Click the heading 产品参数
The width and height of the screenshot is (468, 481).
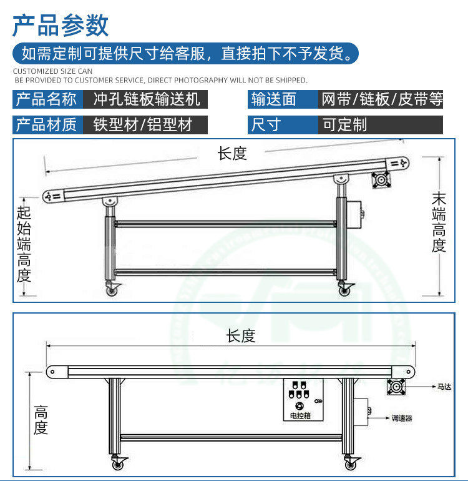point(61,26)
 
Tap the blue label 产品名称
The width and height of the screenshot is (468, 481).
point(46,99)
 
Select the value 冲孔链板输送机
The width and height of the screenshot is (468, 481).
point(147,99)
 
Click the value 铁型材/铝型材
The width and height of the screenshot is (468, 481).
point(143,125)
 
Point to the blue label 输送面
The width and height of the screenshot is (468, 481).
point(274,99)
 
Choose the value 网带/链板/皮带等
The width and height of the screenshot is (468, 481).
point(382,99)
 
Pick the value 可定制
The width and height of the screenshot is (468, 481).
point(345,125)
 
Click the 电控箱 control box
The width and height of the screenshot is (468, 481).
point(303,400)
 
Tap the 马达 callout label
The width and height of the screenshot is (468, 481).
point(444,387)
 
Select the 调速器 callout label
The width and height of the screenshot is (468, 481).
point(402,418)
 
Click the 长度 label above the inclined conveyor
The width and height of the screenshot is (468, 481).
point(232,154)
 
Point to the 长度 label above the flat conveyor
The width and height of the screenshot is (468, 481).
point(241,336)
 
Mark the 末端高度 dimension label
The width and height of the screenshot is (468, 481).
point(439,222)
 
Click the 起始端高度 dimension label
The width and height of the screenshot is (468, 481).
point(24,244)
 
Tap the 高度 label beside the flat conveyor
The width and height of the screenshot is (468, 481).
point(41,420)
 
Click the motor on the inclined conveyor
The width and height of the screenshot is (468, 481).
point(381,180)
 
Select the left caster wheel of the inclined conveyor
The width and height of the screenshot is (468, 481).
point(112,290)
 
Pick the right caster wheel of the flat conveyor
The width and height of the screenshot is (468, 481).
point(351,464)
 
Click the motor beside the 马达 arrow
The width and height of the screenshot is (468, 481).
point(396,387)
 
